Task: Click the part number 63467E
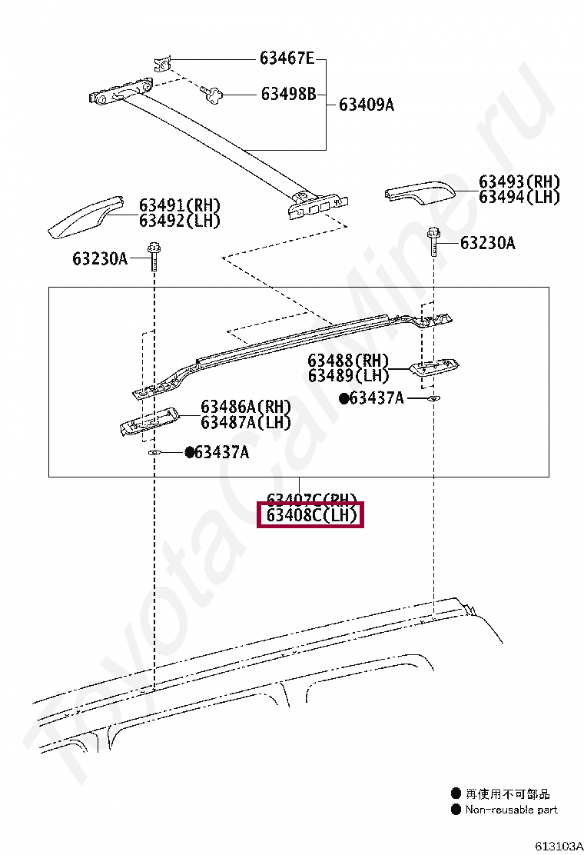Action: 287,58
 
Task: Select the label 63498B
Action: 288,95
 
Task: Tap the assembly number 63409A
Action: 366,105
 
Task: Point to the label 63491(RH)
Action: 179,205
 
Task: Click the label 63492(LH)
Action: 179,221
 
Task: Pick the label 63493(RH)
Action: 519,182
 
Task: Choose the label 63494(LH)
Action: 519,198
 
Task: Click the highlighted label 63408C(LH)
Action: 311,515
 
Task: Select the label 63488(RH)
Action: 348,361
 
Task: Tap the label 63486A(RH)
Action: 246,407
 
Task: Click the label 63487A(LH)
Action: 246,422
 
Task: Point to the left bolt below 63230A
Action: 153,258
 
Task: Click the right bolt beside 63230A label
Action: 434,242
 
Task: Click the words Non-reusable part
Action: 511,810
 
